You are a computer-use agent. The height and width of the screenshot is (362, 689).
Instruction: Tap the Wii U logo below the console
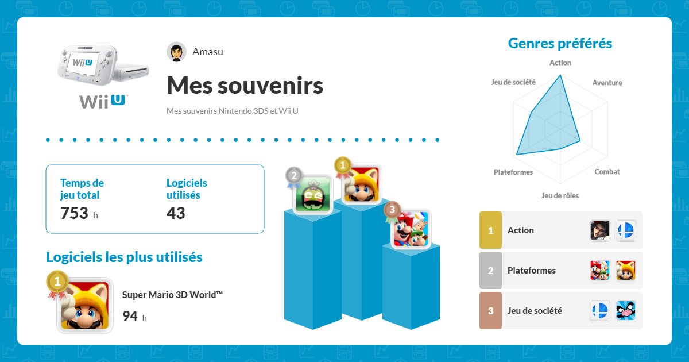[x=103, y=101]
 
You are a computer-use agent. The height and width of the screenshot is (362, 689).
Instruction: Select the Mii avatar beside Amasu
[x=176, y=52]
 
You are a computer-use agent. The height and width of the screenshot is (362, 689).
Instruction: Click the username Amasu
[x=208, y=52]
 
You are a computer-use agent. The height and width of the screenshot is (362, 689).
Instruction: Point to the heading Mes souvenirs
[x=245, y=86]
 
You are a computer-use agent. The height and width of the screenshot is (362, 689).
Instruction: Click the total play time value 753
[x=74, y=213]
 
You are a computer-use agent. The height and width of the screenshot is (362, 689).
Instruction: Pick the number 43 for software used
[x=176, y=213]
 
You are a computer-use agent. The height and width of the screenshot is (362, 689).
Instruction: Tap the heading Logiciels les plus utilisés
[x=124, y=257]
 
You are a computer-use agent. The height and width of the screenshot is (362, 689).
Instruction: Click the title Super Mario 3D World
[x=172, y=295]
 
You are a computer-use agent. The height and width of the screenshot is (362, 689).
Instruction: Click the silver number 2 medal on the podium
[x=294, y=176]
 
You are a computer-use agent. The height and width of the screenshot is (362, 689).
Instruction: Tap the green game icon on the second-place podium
[x=313, y=194]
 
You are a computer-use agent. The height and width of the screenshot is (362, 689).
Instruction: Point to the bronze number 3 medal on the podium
[x=392, y=210]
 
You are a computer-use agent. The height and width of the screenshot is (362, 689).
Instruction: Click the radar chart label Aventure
[x=607, y=83]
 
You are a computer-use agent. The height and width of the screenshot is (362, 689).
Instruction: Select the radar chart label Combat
[x=607, y=172]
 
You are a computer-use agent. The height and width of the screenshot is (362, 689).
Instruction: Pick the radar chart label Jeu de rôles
[x=560, y=195]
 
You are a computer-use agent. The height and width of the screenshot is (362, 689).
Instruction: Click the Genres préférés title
[x=560, y=44]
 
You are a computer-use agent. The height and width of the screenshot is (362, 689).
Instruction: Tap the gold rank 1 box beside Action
[x=490, y=230]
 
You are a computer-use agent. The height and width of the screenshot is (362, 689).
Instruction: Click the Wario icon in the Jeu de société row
[x=625, y=311]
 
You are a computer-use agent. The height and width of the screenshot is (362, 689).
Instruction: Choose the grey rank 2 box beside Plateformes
[x=490, y=271]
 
